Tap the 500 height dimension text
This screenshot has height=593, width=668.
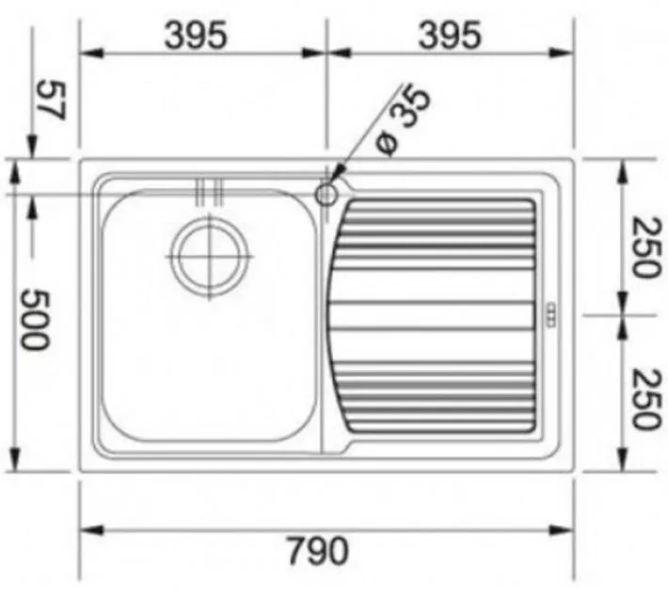(36, 320)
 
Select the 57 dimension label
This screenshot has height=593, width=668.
(53, 101)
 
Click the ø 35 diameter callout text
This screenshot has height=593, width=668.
(403, 120)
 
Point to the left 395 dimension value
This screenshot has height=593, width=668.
(196, 35)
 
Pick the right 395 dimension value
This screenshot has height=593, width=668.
(451, 35)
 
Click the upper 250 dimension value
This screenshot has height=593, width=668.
(647, 247)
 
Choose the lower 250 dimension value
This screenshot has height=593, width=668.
(647, 399)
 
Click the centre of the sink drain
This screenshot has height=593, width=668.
(209, 257)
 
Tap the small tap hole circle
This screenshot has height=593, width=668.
(326, 195)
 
